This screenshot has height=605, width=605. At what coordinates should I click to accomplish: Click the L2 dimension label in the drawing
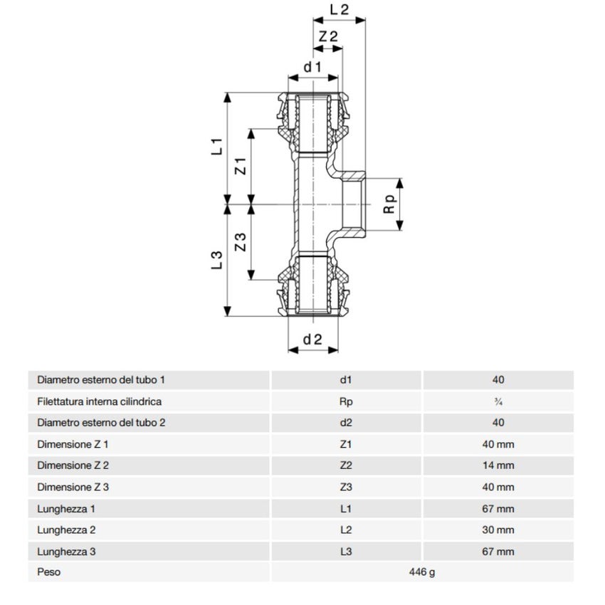pos(340,10)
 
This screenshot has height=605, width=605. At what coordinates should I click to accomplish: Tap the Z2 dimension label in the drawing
pos(327,36)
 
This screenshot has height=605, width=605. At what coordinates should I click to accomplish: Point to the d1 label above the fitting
pos(313,68)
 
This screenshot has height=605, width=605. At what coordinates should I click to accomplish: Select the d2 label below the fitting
pos(313,340)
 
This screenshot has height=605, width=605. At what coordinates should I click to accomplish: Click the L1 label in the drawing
pos(218,147)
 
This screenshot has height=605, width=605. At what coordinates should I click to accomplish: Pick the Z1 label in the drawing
pos(241,166)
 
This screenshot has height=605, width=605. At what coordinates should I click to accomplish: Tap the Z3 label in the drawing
pos(241,242)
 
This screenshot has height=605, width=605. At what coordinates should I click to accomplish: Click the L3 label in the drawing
pos(218,260)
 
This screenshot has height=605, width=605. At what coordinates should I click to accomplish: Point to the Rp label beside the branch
pos(389,204)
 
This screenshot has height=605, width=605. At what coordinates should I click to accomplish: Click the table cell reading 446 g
pos(421,572)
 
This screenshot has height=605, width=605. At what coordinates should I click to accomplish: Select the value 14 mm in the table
pos(498,465)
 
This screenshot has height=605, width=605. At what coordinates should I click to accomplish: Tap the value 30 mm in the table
pos(498,530)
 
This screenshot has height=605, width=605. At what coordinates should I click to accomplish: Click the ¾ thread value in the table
pos(498,401)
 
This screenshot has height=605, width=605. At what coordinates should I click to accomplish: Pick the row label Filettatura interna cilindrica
pos(99,401)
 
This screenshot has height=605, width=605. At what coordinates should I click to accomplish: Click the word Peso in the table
pos(48,572)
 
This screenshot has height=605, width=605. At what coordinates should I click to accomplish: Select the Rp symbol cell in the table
pos(347,401)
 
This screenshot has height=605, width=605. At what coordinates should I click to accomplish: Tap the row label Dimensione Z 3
pos(73,487)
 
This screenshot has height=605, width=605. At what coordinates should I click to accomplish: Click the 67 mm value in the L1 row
pos(498,508)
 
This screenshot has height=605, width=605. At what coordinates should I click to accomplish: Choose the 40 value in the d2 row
pos(498,423)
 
